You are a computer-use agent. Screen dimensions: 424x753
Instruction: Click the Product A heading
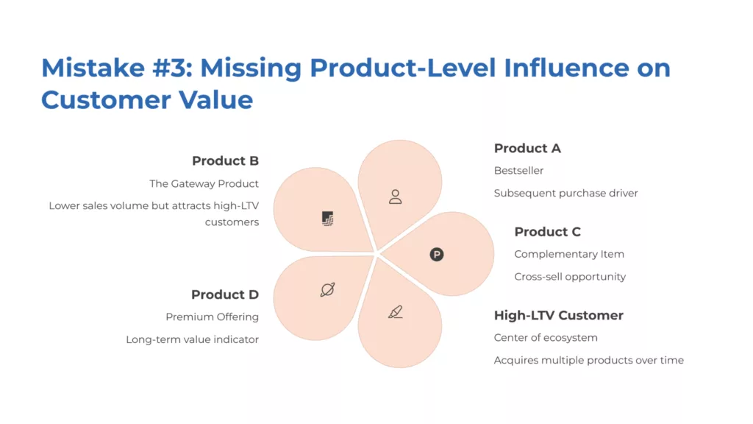coord(527,148)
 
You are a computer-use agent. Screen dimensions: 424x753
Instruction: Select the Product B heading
coord(225,160)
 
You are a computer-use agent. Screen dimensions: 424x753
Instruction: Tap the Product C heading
coord(547,231)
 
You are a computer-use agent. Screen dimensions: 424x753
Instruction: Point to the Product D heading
coord(225,294)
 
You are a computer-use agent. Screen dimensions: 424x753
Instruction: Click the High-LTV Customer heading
coord(558,315)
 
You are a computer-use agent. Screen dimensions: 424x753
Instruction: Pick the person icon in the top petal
coord(396,197)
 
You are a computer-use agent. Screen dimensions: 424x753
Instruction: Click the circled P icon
coord(437,255)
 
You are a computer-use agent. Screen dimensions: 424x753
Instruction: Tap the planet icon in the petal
coord(328,290)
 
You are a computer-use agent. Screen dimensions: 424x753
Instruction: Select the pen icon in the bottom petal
coord(396,312)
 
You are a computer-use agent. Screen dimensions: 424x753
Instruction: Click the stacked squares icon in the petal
coord(328,219)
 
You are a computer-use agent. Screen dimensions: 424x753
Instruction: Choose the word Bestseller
coord(518,171)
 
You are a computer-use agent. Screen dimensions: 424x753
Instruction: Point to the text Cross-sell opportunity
coord(570,277)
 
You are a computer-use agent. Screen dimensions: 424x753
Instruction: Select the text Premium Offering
coord(212,317)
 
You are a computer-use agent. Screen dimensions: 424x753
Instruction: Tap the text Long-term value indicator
coord(192,340)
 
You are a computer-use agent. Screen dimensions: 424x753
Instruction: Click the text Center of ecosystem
coord(546,338)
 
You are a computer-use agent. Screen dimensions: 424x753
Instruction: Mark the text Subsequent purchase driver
coord(565,194)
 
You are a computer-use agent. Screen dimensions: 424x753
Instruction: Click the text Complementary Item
coord(569,254)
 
